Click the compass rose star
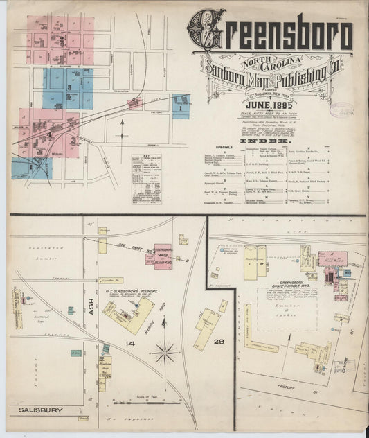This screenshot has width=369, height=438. [165, 353]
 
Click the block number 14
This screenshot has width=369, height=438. [129, 343]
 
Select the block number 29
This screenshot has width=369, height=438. [219, 344]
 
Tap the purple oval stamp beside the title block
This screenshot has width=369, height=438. [341, 110]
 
